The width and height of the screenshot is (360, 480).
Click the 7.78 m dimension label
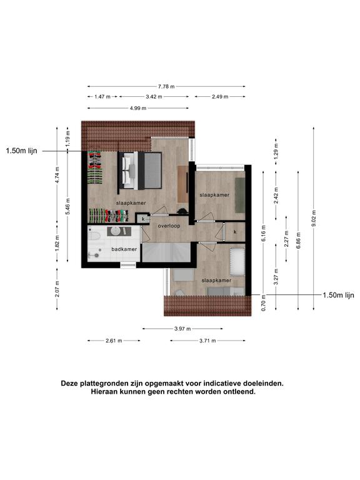[166, 87]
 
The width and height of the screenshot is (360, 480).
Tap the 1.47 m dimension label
[102, 97]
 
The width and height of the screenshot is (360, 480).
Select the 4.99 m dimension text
[137, 108]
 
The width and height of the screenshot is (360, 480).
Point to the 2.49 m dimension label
[220, 97]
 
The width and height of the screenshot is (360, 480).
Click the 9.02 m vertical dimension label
[314, 219]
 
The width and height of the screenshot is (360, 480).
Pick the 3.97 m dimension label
[182, 329]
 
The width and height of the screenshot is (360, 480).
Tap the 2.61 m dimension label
[114, 341]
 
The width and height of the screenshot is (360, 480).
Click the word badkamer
[124, 249]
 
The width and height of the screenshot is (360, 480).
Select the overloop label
[169, 226]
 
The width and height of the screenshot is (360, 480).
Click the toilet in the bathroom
[94, 236]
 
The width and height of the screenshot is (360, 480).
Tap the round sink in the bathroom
[116, 231]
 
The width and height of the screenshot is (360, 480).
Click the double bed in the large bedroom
[139, 171]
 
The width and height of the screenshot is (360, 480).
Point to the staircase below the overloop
[166, 252]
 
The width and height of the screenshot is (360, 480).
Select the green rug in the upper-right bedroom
[240, 195]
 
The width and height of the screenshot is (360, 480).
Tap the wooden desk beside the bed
[183, 184]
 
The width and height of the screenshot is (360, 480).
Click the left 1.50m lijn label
[21, 151]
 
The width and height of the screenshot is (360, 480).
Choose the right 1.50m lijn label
[338, 295]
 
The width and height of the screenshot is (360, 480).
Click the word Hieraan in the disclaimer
[102, 391]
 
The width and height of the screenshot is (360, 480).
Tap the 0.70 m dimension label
[264, 302]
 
